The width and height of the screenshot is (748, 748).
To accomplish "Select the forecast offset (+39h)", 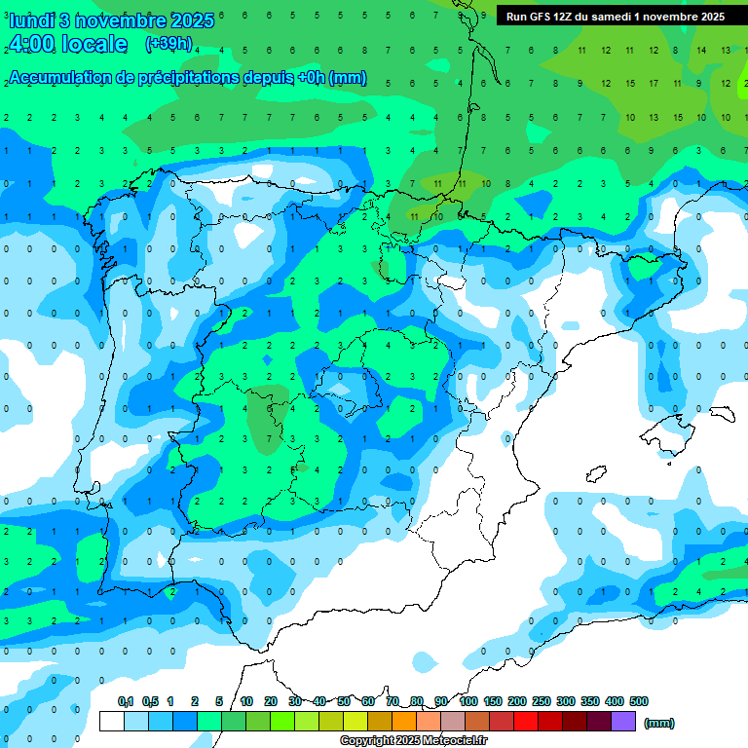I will coord(168,44).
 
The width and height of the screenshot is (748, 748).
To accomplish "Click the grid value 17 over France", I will coord(653,83).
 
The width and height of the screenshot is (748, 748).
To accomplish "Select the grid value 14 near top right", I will coord(701,50).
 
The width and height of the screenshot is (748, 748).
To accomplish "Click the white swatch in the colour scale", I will coord(112,722).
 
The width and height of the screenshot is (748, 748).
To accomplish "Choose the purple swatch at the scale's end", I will coord(623,722).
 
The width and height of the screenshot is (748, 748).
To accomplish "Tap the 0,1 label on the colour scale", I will coord(126,701).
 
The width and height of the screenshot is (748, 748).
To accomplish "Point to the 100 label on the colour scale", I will coord(467,701).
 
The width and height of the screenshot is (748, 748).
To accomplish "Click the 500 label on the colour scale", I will coord(638,701).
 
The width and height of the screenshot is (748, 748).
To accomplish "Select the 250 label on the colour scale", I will coord(542,701).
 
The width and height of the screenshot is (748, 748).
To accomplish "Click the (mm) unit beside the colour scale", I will coord(659,723).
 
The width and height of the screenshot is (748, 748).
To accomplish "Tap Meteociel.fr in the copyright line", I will coord(455,741).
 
